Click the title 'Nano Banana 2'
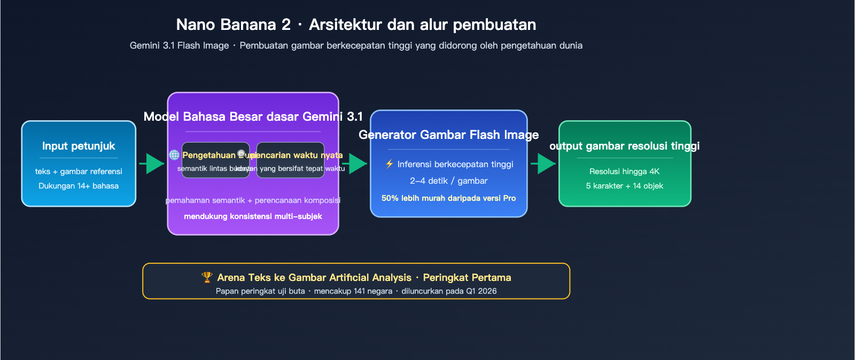234,25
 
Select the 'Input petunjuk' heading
79,146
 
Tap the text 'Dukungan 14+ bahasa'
79,186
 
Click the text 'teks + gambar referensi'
79,171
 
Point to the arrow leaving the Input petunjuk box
152,163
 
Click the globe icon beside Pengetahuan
174,155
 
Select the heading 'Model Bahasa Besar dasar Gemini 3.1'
253,116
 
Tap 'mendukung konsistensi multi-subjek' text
253,216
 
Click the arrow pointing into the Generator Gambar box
355,163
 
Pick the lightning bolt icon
390,164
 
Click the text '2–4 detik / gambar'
449,181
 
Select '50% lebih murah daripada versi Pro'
449,198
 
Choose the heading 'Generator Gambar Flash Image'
449,135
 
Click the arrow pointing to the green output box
544,163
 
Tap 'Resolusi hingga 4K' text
624,171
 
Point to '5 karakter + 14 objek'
624,186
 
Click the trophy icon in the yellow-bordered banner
207,277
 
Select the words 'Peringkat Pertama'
467,277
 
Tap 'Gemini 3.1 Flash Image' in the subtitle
179,45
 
